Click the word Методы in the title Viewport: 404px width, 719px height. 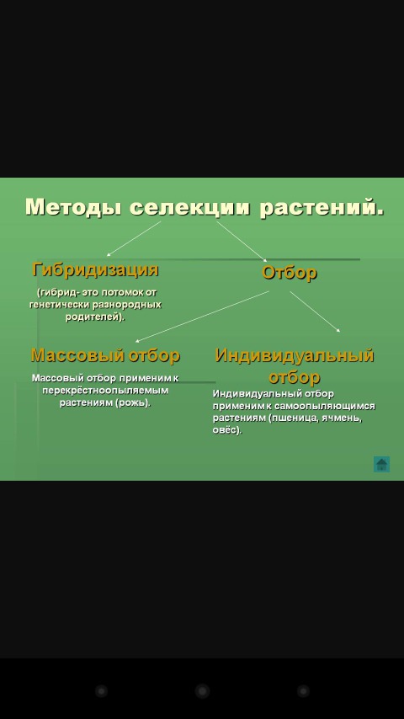74,207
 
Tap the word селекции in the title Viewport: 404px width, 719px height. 190,207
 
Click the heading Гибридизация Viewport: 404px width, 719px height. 95,269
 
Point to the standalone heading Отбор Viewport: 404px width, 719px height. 290,273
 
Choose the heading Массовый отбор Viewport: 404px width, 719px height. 105,355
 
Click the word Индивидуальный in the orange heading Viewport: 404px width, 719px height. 295,355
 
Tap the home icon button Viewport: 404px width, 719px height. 381,464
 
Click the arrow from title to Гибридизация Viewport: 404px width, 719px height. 134,239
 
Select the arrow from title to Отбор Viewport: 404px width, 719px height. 242,241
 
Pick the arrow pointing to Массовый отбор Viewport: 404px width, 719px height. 202,317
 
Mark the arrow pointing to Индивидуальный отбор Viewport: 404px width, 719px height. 315,312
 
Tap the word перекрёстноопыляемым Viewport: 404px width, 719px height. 105,391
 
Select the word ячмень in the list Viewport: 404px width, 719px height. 343,418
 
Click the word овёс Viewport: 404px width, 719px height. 226,431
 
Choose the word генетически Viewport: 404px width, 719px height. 59,305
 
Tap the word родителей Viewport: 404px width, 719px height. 95,317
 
